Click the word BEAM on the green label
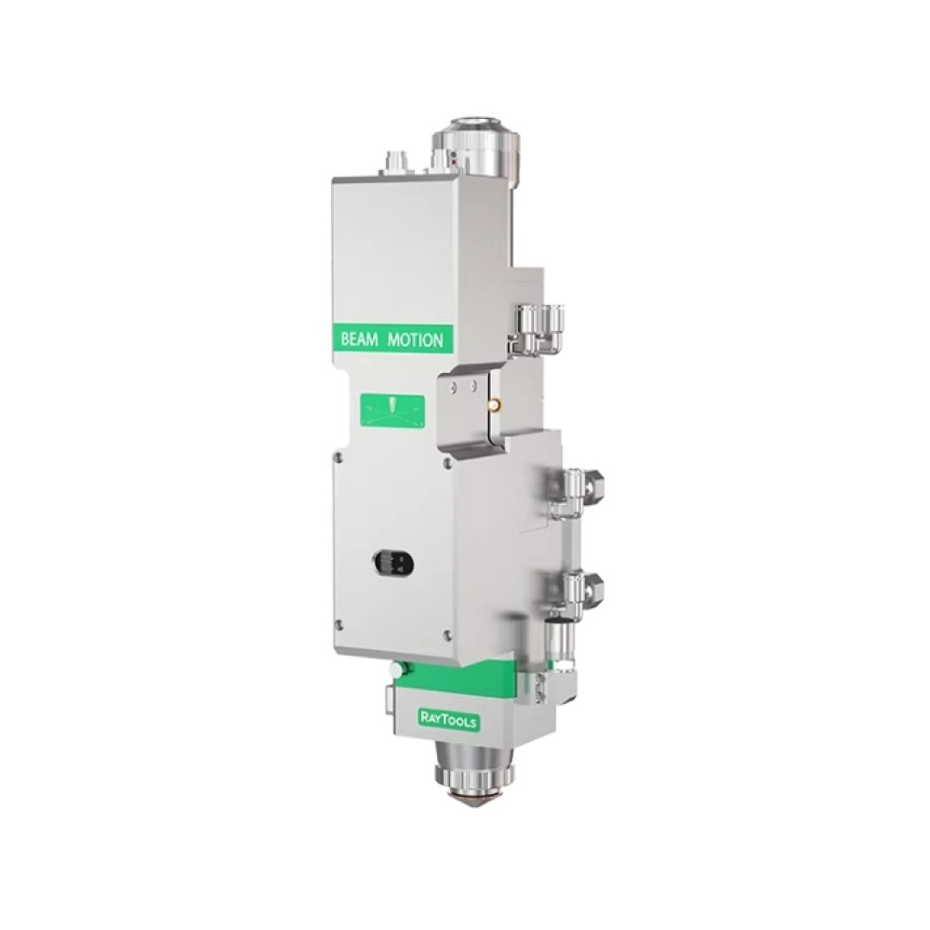click(x=359, y=339)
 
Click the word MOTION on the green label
click(x=415, y=339)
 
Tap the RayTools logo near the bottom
click(x=449, y=720)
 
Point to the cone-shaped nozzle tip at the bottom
click(x=472, y=801)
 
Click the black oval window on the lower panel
click(x=393, y=563)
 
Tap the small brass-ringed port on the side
click(x=494, y=405)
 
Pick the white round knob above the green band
click(x=394, y=669)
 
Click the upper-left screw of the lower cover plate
click(x=339, y=458)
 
